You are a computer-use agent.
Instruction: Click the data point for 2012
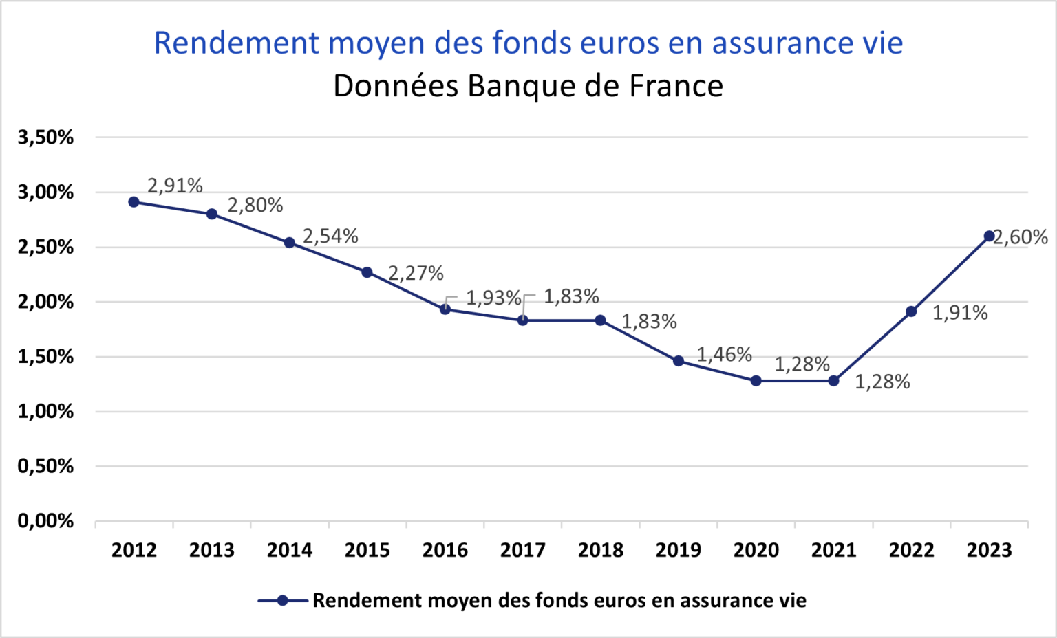coord(134,202)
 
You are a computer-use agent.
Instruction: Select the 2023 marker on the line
coord(989,236)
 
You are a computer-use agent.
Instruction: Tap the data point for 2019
coord(678,361)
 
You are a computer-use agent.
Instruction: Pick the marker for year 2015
coord(367,272)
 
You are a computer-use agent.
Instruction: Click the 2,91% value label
coord(175,186)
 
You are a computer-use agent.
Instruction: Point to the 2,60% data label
coord(1021,237)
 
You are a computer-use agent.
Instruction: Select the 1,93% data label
coord(493,298)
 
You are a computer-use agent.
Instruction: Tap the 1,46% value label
coord(724,354)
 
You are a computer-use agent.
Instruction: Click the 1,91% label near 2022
coord(959,313)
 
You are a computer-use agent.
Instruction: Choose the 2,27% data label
coord(416,273)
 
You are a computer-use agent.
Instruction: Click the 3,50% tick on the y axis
coord(45,137)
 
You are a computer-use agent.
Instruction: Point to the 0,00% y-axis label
coord(45,521)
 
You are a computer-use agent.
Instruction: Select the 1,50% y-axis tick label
coord(45,357)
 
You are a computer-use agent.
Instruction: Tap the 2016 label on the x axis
coord(445,550)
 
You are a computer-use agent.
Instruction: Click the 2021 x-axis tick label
coord(833,550)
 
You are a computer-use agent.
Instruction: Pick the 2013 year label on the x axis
coord(211,550)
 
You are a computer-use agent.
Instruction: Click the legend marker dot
coord(282,600)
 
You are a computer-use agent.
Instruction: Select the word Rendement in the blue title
coord(236,43)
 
